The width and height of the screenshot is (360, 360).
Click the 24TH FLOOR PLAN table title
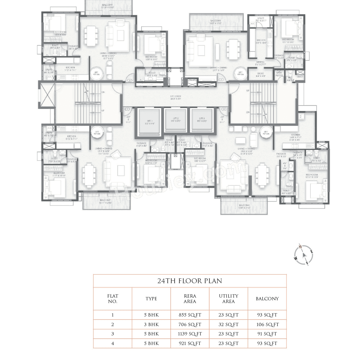[x=190, y=281]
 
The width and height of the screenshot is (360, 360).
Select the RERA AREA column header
[x=190, y=298]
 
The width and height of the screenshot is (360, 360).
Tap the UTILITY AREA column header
[x=228, y=298]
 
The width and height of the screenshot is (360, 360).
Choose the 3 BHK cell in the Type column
[x=151, y=324]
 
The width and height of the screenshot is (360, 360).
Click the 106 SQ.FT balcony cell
[x=267, y=324]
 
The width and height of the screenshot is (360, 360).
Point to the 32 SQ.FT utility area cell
[x=228, y=324]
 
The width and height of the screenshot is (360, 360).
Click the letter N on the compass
[x=300, y=247]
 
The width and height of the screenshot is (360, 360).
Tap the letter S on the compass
[x=307, y=263]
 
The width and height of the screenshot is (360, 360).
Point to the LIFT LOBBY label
[x=176, y=97]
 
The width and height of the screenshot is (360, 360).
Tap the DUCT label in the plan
[x=300, y=77]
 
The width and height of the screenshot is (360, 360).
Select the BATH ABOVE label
[x=279, y=74]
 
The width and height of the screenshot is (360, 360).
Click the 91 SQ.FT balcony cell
[x=267, y=334]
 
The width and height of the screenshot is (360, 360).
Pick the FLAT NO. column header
[x=112, y=298]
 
